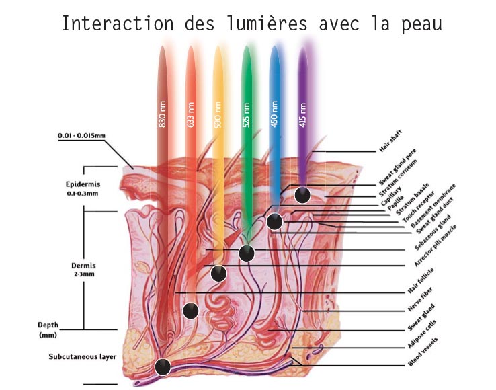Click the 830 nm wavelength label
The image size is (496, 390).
click(x=162, y=114)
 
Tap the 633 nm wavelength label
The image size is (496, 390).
click(x=190, y=114)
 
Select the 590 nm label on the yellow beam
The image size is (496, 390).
click(x=218, y=114)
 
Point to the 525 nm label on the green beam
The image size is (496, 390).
click(x=247, y=114)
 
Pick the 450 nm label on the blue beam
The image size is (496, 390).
click(x=274, y=114)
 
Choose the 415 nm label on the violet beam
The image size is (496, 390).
click(x=302, y=115)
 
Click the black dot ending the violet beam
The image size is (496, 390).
click(x=302, y=195)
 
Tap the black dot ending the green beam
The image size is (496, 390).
click(x=247, y=253)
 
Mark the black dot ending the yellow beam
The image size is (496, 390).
click(x=218, y=274)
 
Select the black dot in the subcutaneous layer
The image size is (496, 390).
click(x=163, y=367)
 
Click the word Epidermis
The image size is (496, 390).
click(x=83, y=184)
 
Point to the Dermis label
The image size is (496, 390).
click(x=83, y=266)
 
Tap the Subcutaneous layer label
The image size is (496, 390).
click(x=83, y=357)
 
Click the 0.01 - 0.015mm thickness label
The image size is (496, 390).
click(x=81, y=135)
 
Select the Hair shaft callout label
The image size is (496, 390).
click(x=390, y=141)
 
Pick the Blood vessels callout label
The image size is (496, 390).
click(x=423, y=352)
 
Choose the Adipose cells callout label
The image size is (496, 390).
click(x=421, y=334)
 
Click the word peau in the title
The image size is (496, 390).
click(x=422, y=24)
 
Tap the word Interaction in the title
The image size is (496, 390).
click(x=118, y=24)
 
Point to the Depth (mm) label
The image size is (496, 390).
click(x=48, y=329)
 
